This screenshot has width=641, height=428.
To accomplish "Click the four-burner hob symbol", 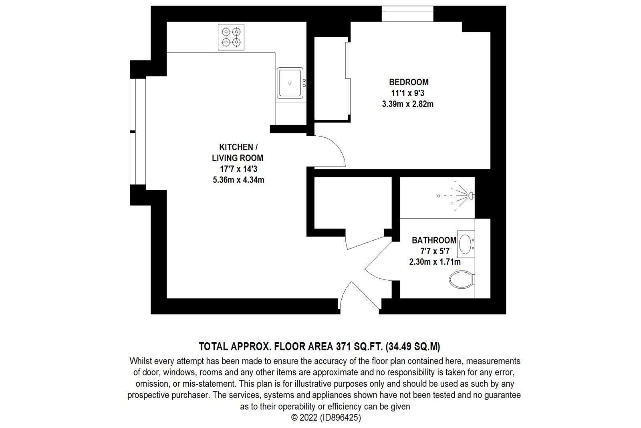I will coord(231,37).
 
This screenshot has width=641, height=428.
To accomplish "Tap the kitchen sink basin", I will coord(290,83).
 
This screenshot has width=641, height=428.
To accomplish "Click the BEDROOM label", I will coord(409,82).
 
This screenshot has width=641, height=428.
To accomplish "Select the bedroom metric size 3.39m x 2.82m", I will coord(408,104).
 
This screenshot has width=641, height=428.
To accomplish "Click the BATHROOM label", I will coord(434,240).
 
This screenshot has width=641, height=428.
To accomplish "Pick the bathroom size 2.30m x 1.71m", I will coord(434,262).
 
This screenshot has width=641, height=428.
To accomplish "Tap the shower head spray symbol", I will coord(461,196).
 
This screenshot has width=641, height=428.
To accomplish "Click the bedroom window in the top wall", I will coord(407,14).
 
